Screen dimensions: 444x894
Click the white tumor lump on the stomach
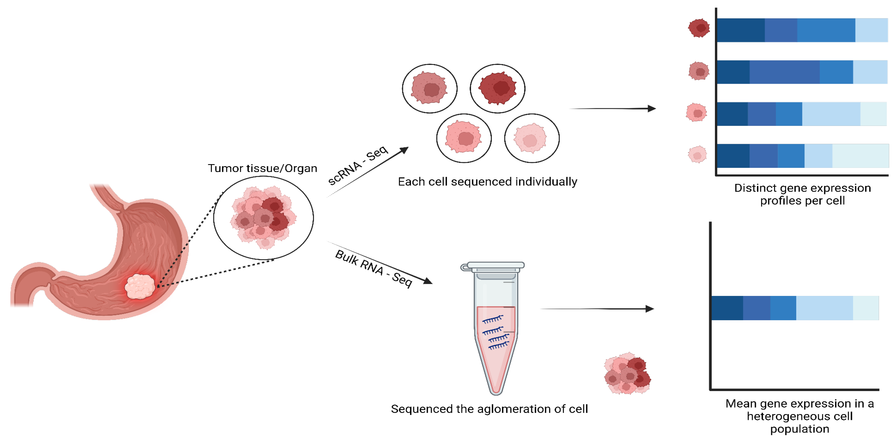point(139,286)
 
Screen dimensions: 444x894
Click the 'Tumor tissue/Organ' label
point(262,168)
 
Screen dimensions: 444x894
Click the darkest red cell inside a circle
point(498,88)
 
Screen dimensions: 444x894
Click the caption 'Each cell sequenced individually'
point(487,182)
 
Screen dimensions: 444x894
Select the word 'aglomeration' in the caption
point(513,409)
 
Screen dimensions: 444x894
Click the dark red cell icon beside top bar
point(699,28)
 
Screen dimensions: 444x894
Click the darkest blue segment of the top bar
point(741,30)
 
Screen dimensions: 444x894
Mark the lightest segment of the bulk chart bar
point(865,308)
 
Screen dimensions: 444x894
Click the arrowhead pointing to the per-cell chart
point(651,109)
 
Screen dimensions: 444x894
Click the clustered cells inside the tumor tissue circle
point(264,218)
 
